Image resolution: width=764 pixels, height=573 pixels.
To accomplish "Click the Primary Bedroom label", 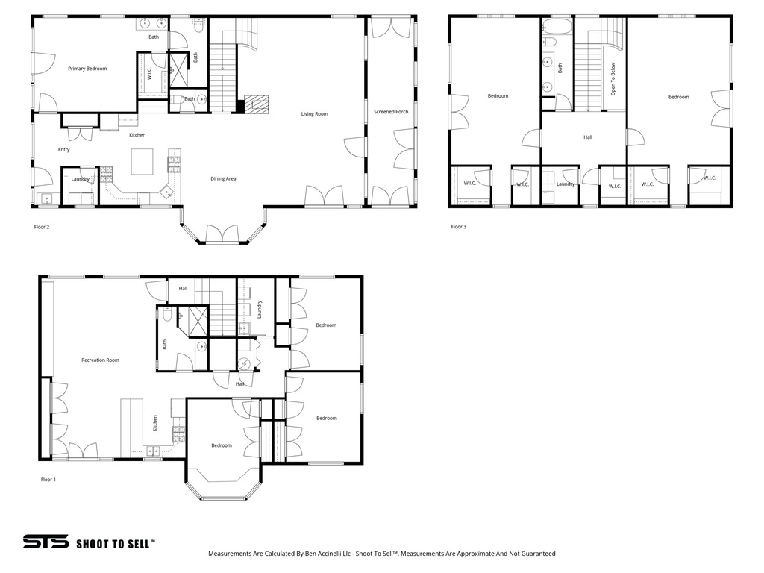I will (x=87, y=69).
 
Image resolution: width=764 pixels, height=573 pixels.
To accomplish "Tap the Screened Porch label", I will (x=391, y=112).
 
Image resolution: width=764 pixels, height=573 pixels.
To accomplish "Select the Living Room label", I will (x=314, y=114).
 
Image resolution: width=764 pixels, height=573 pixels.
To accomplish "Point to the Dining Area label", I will (x=223, y=178).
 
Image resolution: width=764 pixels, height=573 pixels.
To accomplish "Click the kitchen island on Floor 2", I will (x=142, y=161).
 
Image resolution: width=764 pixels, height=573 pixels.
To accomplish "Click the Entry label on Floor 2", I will (x=64, y=150).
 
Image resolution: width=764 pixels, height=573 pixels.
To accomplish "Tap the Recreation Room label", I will (x=100, y=360).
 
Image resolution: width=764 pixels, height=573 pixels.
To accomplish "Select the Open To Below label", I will (x=613, y=79).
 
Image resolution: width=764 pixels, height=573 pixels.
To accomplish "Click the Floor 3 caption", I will (x=458, y=227).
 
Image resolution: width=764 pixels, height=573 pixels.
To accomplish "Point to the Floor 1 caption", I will (x=48, y=480).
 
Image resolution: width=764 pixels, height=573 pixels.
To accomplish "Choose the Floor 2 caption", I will (x=42, y=227).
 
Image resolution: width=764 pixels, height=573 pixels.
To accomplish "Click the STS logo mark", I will (x=46, y=542).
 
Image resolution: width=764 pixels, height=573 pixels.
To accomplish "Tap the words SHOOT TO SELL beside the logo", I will (x=116, y=544).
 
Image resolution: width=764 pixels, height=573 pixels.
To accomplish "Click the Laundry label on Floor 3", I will (x=566, y=184).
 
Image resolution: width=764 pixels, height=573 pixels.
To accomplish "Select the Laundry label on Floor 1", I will (x=259, y=310).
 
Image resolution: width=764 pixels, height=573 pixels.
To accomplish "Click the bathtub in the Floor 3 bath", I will (x=557, y=28).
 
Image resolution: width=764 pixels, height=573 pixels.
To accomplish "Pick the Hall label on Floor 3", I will (x=588, y=137).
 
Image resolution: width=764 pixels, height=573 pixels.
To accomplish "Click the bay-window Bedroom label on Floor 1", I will (x=221, y=445).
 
